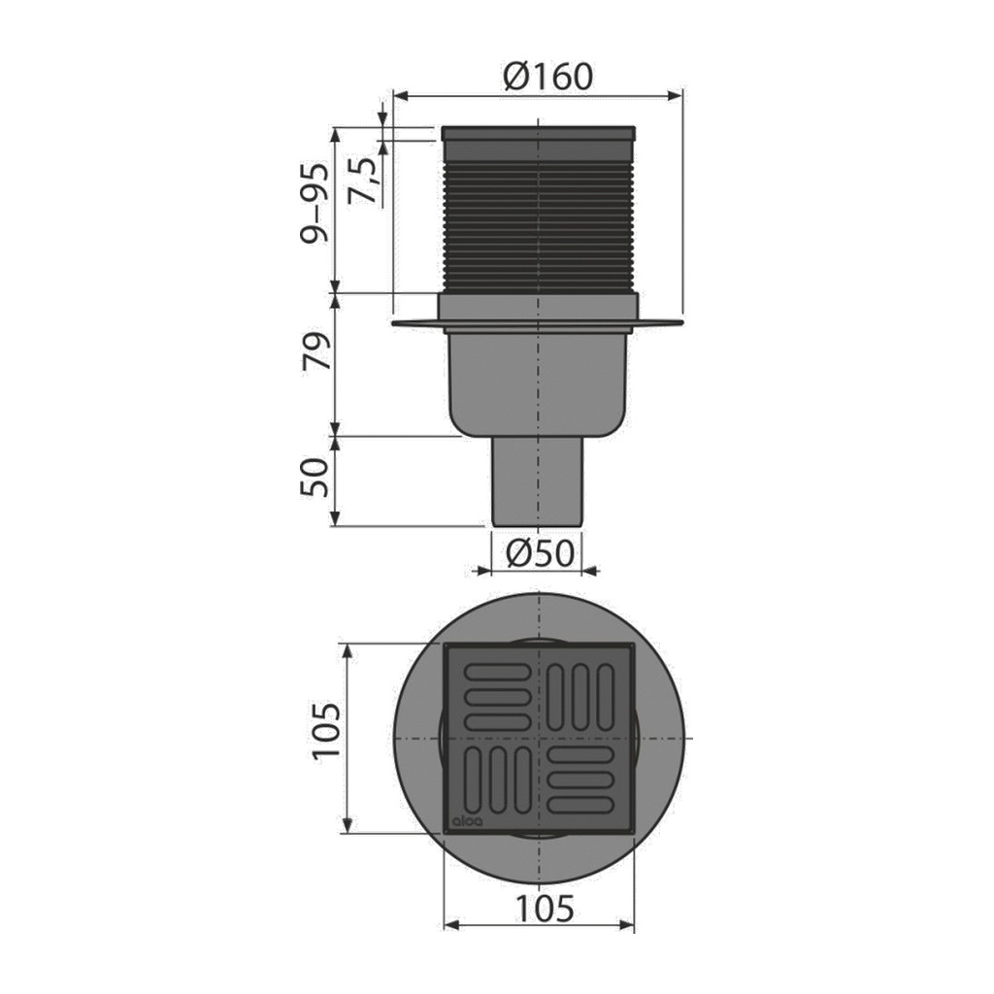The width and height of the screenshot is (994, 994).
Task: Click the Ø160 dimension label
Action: (547, 76)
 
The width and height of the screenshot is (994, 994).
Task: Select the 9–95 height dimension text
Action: (315, 203)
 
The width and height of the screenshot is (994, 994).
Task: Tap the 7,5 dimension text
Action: (363, 181)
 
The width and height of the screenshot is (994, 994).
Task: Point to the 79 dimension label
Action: (316, 351)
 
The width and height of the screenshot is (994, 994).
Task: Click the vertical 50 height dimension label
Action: (315, 477)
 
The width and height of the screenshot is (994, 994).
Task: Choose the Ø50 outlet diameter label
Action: (540, 553)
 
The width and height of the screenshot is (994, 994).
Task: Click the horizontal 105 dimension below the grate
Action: (544, 909)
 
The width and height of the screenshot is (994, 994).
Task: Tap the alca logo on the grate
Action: (467, 821)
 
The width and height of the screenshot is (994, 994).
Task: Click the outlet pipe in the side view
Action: (538, 481)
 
